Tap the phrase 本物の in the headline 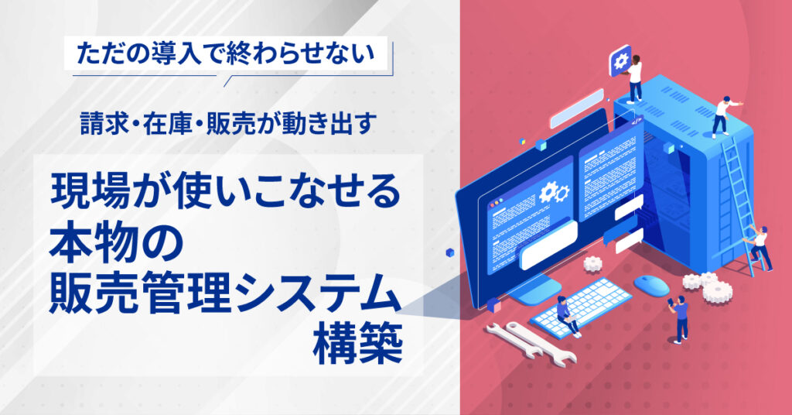click(x=116, y=249)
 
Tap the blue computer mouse click(x=651, y=285)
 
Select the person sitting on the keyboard click(x=568, y=315)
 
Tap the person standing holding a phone click(x=679, y=320)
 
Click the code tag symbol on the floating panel click(x=637, y=121)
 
